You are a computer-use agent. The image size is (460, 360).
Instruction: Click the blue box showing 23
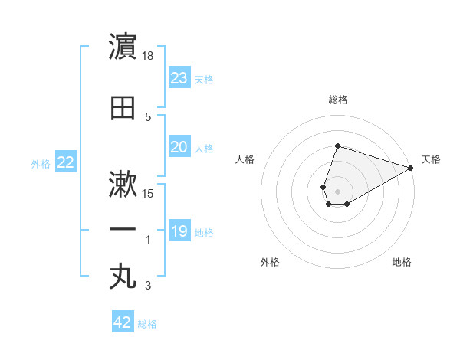pos(179,78)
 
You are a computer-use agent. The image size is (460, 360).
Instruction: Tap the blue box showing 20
pos(179,147)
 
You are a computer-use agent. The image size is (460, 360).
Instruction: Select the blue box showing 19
pos(179,231)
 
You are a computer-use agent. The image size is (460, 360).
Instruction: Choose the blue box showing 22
pos(65,162)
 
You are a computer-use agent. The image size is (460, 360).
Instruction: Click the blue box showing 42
pos(122,322)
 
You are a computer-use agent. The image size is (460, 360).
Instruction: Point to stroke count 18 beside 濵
pos(149,56)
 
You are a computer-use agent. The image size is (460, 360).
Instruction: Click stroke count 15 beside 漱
pos(149,193)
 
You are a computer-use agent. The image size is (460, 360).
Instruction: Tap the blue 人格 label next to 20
pos(204,149)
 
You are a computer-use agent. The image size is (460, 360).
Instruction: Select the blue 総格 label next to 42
pos(147,324)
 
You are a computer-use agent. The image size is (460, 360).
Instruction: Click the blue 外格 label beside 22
pos(41,164)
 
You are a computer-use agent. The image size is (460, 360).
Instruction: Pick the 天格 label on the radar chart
pos(431,159)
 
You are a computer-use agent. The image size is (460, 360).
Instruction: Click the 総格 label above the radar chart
pos(337,100)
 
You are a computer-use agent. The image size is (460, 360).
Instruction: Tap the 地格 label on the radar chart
pos(402,262)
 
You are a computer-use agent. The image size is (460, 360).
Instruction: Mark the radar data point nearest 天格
pos(411,169)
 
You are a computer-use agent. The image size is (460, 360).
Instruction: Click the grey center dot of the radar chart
pos(337,190)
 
